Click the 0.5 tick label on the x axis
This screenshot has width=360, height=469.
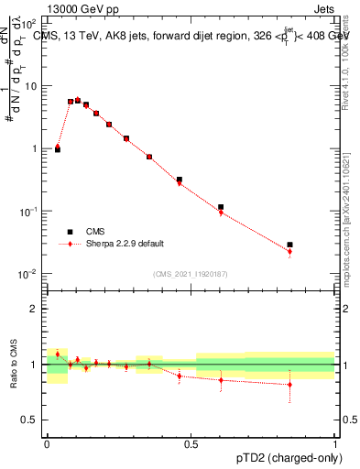click(191, 443)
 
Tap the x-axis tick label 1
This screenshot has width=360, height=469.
click(335, 443)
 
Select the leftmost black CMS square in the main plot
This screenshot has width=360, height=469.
click(58, 148)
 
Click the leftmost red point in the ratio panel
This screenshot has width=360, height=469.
click(58, 354)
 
